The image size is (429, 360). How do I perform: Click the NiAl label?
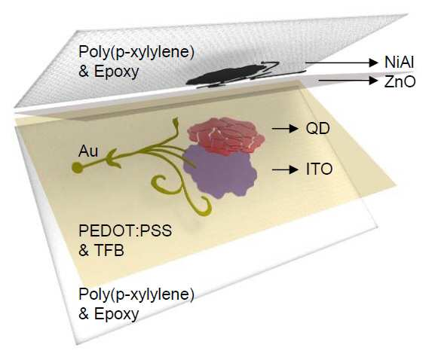399,63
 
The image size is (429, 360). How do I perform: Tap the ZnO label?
400,81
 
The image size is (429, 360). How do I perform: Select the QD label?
317,128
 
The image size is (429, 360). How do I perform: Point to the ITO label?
319,169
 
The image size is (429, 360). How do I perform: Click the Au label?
88,151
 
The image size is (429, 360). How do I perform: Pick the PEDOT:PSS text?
125,230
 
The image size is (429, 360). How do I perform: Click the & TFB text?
101,250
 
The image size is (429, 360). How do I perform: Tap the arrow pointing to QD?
285,128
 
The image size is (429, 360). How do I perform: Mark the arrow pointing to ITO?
285,169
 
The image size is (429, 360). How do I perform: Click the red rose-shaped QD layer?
226,136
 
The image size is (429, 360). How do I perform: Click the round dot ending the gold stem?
77,167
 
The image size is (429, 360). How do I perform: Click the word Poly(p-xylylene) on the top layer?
136,52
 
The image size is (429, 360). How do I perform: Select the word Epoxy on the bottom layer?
117,314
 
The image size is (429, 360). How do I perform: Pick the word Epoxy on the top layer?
117,72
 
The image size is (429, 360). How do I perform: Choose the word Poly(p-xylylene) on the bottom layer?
136,294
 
